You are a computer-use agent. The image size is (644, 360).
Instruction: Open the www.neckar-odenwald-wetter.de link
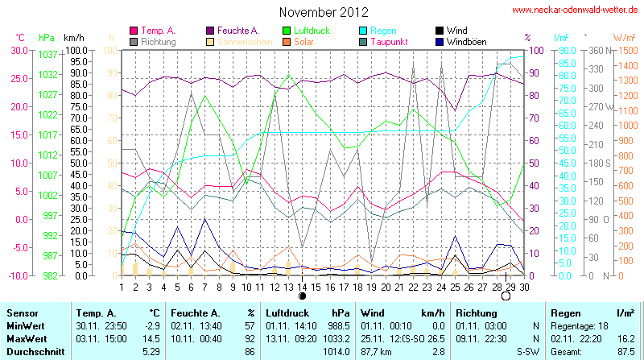[576, 10]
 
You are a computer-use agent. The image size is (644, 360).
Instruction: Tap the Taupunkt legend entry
[392, 41]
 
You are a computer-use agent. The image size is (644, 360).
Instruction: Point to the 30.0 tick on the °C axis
[18, 50]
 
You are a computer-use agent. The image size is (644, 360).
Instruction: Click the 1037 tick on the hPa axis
[47, 54]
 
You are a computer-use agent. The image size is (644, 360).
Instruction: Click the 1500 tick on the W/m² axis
[625, 50]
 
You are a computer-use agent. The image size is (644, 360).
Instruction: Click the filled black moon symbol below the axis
[302, 296]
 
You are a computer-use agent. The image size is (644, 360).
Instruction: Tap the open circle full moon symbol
[506, 296]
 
